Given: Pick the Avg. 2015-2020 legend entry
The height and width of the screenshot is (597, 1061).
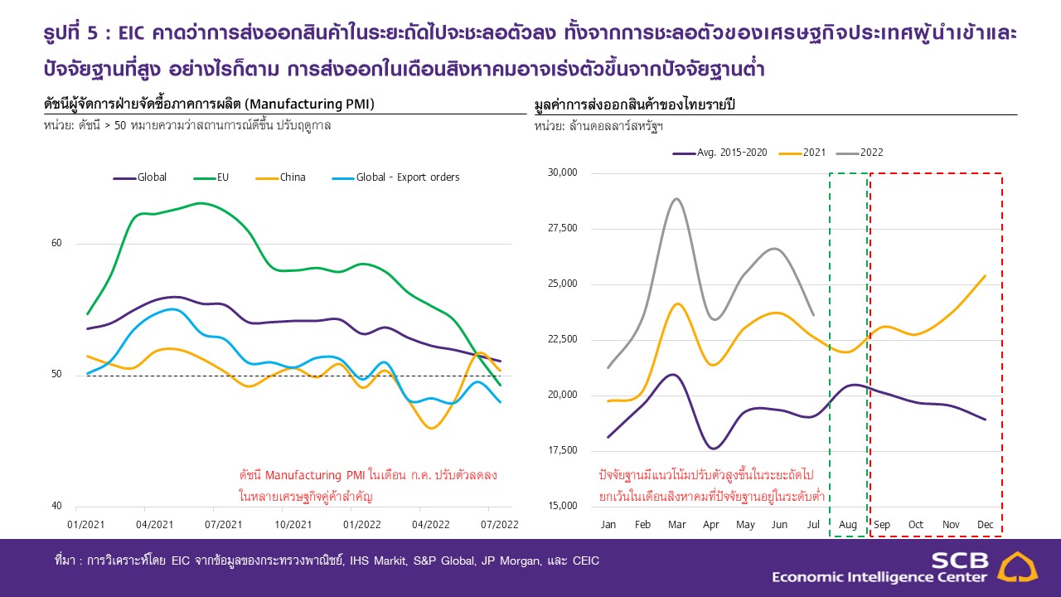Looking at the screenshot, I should click(x=717, y=153).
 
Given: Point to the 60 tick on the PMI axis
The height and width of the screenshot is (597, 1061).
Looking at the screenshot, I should click(x=57, y=244).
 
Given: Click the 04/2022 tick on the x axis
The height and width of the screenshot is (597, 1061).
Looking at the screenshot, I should click(x=419, y=525).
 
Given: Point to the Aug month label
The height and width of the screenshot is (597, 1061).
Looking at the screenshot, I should click(x=847, y=525).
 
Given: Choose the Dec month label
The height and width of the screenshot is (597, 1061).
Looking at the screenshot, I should click(x=985, y=525).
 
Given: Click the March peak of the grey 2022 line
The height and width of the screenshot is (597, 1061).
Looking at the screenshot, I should click(x=677, y=199).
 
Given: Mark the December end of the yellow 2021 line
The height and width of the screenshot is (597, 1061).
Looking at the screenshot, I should click(x=985, y=276).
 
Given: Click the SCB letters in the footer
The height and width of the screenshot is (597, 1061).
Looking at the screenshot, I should click(x=959, y=560).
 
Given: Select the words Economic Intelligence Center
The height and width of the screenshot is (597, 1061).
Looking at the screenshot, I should click(x=879, y=577).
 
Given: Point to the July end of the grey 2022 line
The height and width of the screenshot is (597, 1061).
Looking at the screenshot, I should click(x=812, y=315).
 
